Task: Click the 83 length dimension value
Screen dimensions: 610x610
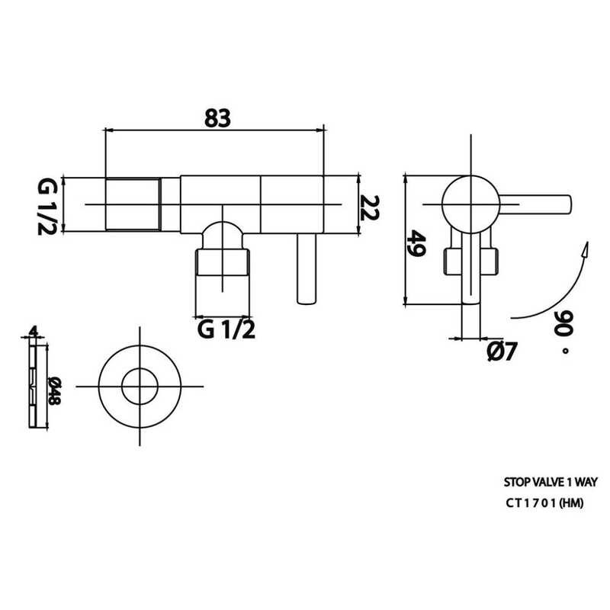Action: (217, 118)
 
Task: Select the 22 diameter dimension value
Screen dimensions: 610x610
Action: (371, 207)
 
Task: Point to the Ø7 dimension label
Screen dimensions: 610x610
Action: (501, 352)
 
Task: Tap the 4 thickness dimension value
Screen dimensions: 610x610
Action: (33, 331)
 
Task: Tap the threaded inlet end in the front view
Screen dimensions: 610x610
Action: (131, 204)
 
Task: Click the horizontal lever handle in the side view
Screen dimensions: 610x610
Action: (538, 204)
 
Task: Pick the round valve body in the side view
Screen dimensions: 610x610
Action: (470, 204)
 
